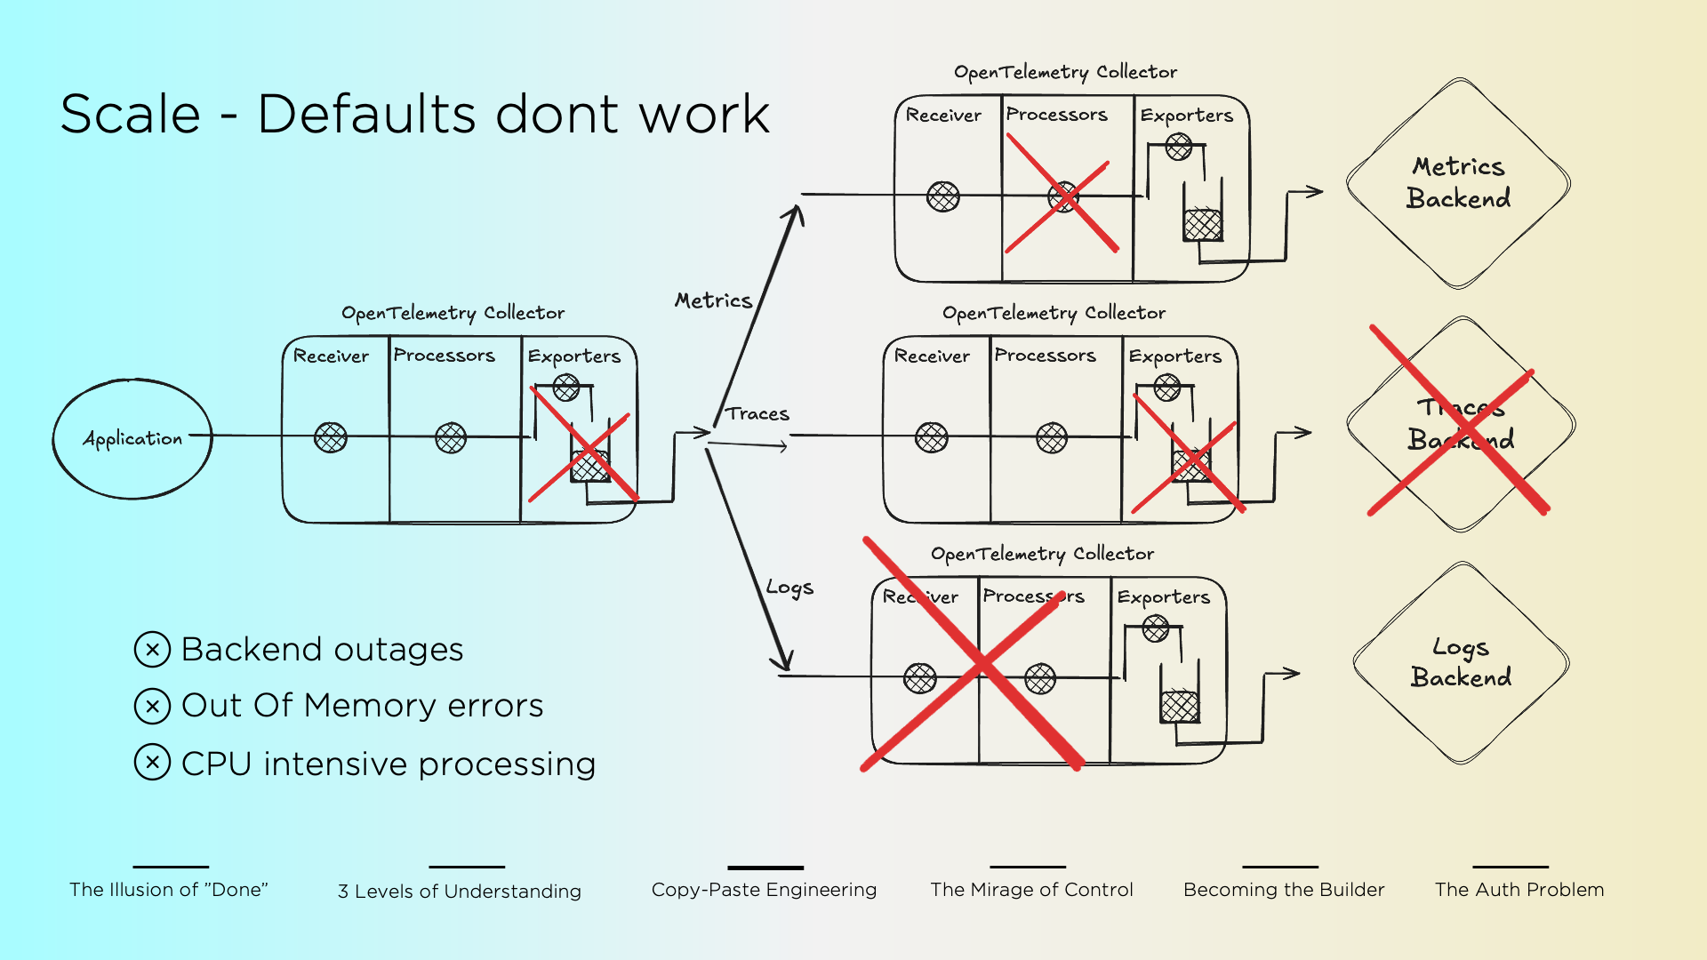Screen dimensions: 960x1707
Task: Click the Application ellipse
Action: pos(132,438)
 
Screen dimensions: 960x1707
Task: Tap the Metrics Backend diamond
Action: pos(1458,183)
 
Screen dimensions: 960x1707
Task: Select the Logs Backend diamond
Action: pos(1461,663)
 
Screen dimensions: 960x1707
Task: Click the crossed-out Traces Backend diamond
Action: pos(1461,424)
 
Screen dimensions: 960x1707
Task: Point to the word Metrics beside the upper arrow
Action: pos(713,300)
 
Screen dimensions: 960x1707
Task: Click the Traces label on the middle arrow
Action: pos(757,413)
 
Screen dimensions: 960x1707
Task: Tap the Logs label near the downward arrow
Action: pos(789,588)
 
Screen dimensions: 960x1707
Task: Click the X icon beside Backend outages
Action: pos(152,649)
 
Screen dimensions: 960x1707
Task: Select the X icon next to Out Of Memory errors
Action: pos(152,706)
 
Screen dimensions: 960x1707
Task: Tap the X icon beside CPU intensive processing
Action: pos(152,763)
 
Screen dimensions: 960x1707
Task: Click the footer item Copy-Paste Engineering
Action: pos(764,890)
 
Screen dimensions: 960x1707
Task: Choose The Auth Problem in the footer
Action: pos(1519,890)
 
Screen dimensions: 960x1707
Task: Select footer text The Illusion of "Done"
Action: pos(169,890)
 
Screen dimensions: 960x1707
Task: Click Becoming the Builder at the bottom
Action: pos(1283,890)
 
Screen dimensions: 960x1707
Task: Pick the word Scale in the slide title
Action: pos(131,115)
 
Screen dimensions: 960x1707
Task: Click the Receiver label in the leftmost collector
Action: pos(331,356)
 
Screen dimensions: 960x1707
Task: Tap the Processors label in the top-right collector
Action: pos(1056,115)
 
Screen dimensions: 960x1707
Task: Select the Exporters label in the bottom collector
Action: pos(1163,597)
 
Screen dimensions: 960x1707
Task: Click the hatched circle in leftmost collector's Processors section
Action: pos(451,437)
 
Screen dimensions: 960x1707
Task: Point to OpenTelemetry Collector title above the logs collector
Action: pos(1042,554)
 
